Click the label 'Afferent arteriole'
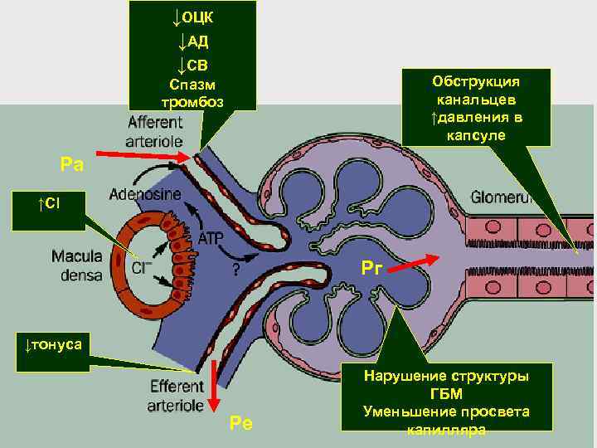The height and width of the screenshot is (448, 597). coord(156,131)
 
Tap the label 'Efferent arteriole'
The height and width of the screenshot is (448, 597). coord(176,396)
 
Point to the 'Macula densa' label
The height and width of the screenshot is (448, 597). coord(76,263)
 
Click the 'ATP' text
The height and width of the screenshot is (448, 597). coord(211,239)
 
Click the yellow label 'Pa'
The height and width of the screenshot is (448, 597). coord(72,163)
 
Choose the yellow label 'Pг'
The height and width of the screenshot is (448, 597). coord(371,268)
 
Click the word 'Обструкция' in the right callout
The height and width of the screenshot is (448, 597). coord(476,82)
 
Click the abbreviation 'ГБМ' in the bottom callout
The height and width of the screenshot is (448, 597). coord(447,394)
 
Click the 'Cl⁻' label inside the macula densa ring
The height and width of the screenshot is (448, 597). coord(142,267)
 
